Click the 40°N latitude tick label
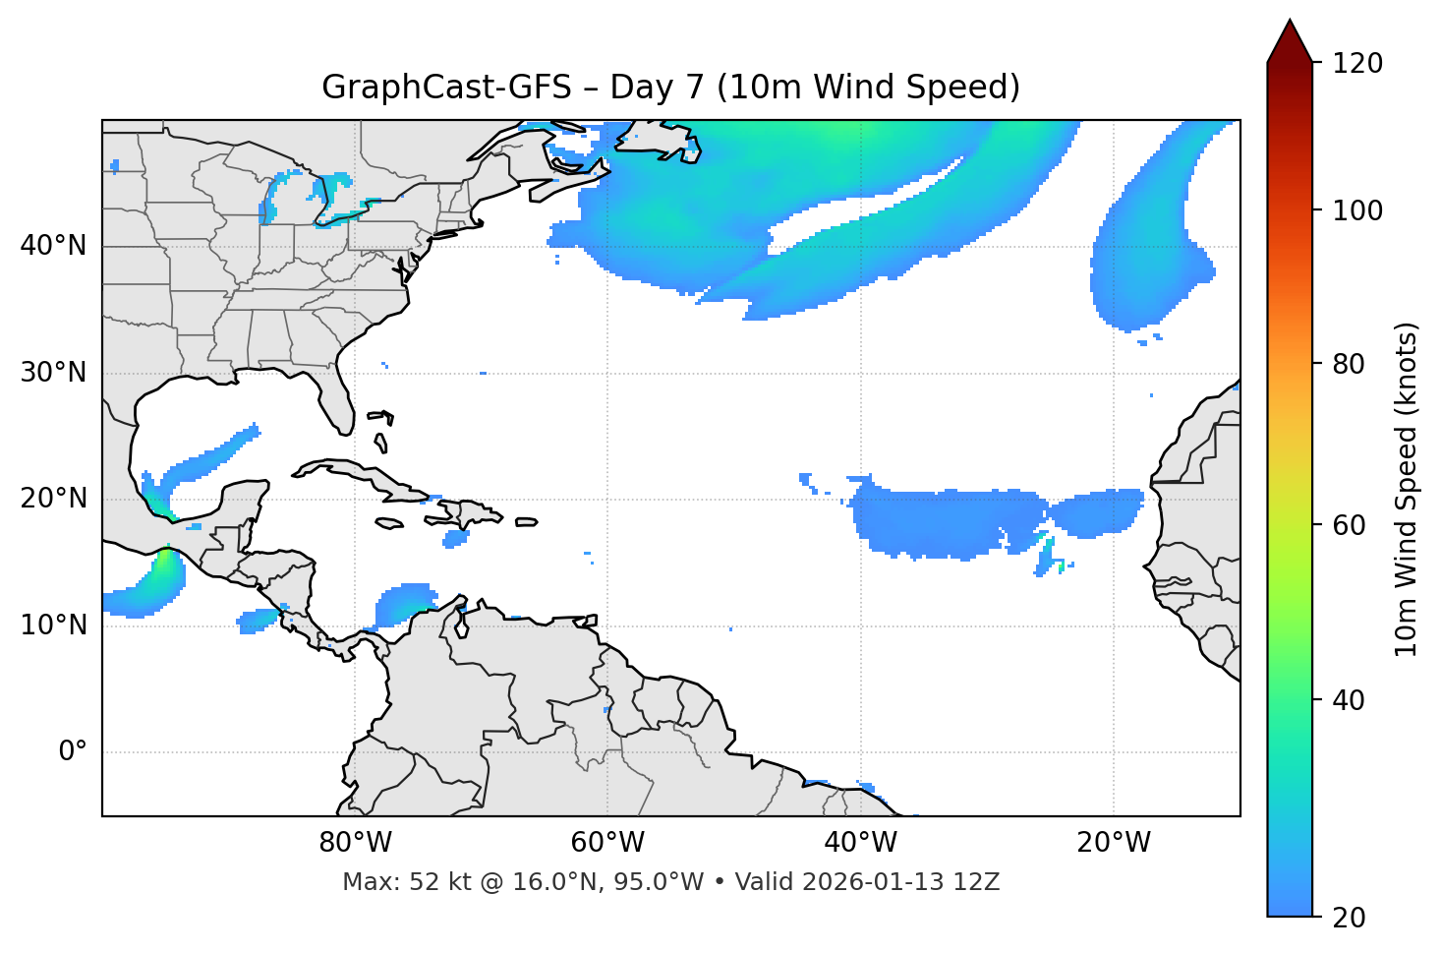click(53, 246)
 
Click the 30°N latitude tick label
click(53, 373)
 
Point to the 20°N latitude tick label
click(53, 499)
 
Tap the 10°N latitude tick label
click(53, 625)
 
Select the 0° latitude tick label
click(73, 752)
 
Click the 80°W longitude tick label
click(355, 843)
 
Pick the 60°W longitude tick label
click(607, 843)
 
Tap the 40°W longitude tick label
click(861, 843)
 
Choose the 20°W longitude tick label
click(1114, 843)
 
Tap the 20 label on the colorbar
click(1349, 918)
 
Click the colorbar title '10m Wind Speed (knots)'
click(1407, 489)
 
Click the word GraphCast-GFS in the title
click(446, 88)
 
